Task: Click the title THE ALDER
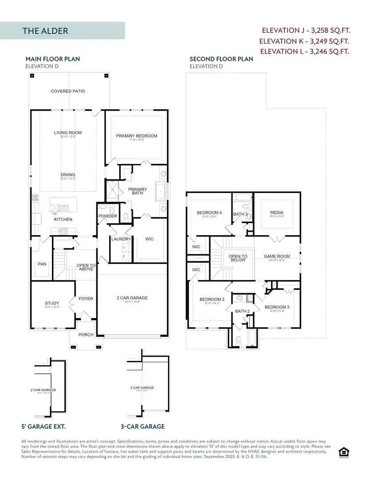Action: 45,31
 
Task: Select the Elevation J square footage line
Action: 305,31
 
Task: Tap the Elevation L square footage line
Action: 304,51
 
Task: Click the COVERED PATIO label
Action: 68,91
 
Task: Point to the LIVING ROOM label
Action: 68,132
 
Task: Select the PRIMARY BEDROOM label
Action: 136,136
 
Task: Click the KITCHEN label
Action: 63,220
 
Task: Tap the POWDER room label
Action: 108,216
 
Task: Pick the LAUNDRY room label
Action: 121,239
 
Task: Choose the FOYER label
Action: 86,299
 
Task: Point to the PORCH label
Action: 86,335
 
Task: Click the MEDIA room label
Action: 276,213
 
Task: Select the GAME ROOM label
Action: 276,256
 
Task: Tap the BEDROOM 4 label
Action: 209,213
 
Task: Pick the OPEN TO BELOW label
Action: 238,258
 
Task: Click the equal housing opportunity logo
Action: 343,452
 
